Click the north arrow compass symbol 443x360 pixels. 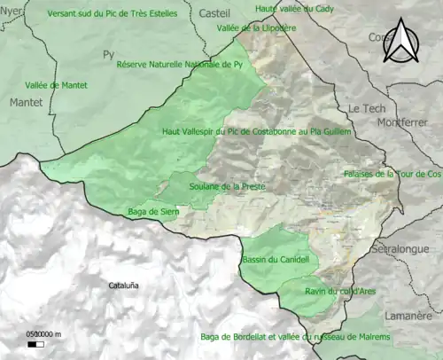point(403,43)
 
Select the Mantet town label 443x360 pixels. point(25,103)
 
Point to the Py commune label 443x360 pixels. point(109,54)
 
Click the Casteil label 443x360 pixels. point(214,14)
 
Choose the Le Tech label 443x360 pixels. point(365,107)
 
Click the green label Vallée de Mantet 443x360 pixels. point(55,85)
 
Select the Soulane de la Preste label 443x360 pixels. point(224,186)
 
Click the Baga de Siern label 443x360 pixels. point(152,211)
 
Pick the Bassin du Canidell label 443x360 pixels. point(275,260)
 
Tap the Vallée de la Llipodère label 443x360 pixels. point(255,27)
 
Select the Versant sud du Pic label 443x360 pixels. point(112,14)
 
